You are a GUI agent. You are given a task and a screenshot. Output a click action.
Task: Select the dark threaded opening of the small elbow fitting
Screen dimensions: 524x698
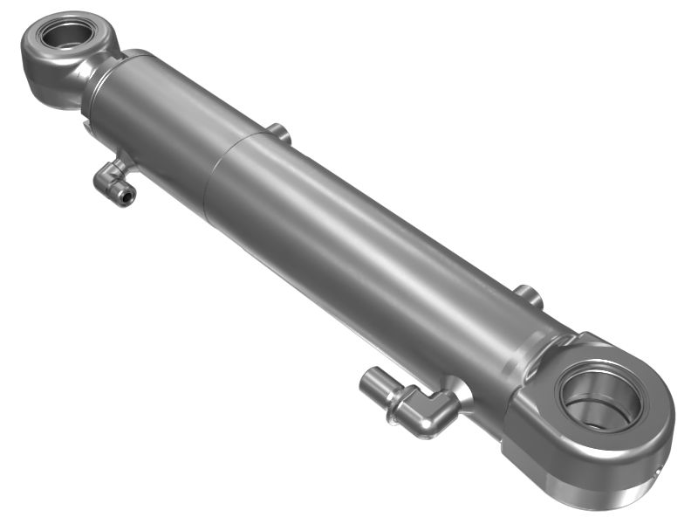[128, 197]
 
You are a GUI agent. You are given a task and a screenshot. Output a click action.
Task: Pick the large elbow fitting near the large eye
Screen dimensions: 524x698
[410, 403]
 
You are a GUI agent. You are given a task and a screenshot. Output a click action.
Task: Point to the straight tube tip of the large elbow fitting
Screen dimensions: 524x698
[373, 383]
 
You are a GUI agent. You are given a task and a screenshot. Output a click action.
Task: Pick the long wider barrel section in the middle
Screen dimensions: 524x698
[366, 253]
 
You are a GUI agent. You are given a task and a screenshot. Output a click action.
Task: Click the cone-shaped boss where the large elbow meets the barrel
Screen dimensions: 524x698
[460, 392]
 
